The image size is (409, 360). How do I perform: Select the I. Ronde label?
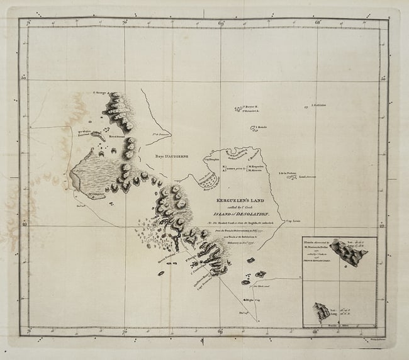click(262, 128)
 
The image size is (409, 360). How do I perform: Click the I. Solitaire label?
click(319, 105)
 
